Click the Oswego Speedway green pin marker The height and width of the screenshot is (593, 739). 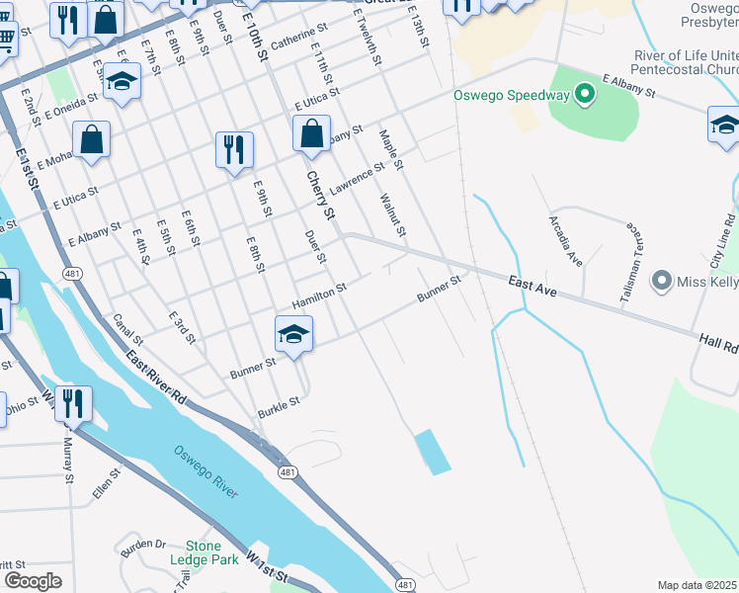click(584, 96)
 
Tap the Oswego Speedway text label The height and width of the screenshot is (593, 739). click(512, 96)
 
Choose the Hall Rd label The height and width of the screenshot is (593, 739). click(718, 344)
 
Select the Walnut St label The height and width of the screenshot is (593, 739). click(392, 214)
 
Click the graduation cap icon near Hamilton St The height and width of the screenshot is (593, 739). click(293, 336)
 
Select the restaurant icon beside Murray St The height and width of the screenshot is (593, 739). click(73, 404)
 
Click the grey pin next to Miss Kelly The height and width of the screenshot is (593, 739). click(662, 283)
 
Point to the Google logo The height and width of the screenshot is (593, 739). click(33, 581)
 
